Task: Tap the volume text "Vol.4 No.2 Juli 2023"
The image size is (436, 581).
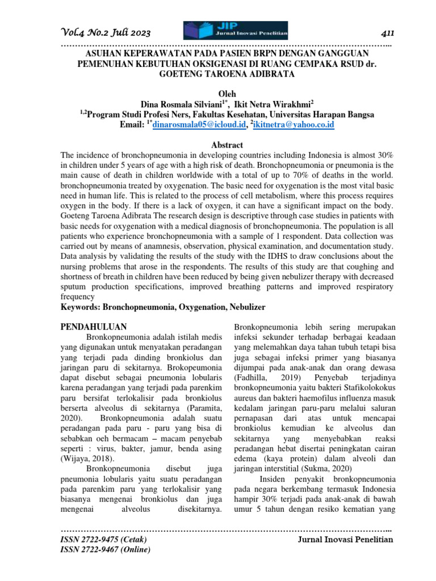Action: click(106, 32)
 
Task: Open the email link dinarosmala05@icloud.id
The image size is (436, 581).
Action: click(196, 124)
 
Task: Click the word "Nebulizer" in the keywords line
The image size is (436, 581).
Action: click(244, 307)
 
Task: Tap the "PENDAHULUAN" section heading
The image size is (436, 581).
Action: click(93, 326)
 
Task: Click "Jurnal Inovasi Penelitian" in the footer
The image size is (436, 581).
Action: click(345, 539)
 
